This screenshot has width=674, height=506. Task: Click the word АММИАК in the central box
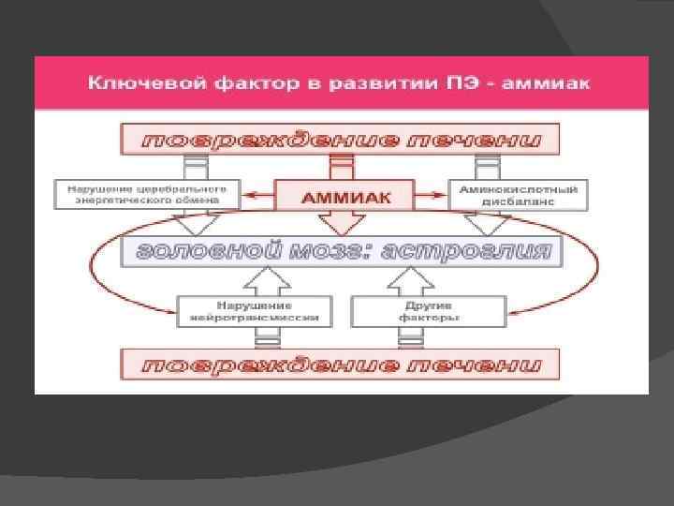coord(344,197)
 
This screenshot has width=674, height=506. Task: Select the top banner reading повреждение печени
coord(339,141)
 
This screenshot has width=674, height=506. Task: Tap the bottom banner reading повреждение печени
coord(339,364)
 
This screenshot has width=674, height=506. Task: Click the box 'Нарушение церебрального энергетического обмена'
coord(147,195)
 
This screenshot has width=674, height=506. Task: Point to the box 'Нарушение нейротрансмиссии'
coord(254,311)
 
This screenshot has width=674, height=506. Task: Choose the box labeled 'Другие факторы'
coord(430,311)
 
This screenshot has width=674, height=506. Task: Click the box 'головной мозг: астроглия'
coord(341,252)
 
